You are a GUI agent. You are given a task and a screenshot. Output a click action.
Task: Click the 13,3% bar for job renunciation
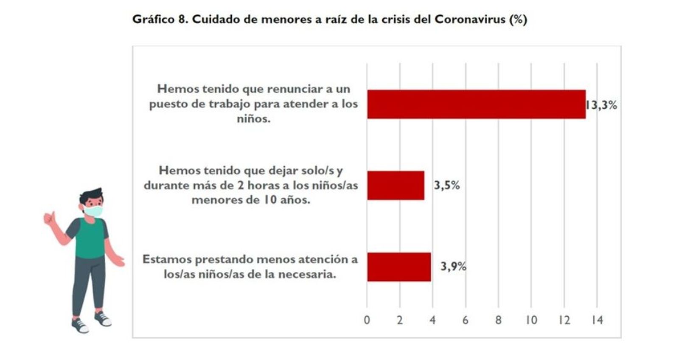tap(476, 104)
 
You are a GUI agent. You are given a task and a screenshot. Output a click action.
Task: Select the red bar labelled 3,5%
tap(396, 185)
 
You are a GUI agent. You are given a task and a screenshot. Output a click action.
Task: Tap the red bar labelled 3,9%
tap(399, 267)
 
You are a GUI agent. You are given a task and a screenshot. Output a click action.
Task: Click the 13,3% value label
tap(602, 105)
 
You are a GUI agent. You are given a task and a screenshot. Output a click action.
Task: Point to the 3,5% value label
tap(446, 186)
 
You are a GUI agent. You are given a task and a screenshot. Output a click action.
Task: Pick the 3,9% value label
tap(453, 267)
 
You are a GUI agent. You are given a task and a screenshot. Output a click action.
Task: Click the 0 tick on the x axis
tap(367, 320)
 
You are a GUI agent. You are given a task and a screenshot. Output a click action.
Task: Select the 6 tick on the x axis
tap(466, 320)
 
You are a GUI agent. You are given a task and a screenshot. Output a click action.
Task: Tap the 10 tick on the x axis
tap(531, 320)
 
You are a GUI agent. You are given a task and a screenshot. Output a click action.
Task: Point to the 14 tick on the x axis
tap(597, 320)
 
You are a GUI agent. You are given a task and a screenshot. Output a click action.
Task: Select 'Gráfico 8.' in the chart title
tap(160, 20)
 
